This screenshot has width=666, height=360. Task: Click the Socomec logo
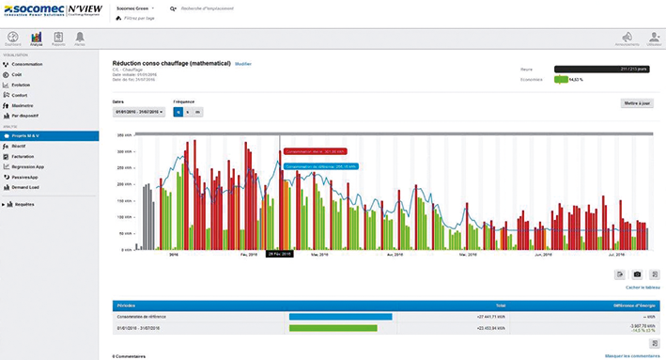(x=32, y=12)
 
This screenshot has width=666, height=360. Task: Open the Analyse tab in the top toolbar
(x=36, y=39)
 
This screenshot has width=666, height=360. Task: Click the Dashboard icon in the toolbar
(x=12, y=39)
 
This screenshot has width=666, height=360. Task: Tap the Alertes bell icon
(x=80, y=39)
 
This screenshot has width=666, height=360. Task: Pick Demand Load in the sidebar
(x=28, y=186)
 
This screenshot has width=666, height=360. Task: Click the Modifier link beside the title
(x=243, y=63)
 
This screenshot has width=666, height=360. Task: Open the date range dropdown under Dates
(x=138, y=112)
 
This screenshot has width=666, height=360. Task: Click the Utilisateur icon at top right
(x=653, y=39)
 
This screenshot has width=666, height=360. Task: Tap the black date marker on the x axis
(x=280, y=254)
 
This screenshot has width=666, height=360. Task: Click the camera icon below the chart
(x=637, y=274)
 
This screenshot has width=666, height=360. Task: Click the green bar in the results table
(x=333, y=328)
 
